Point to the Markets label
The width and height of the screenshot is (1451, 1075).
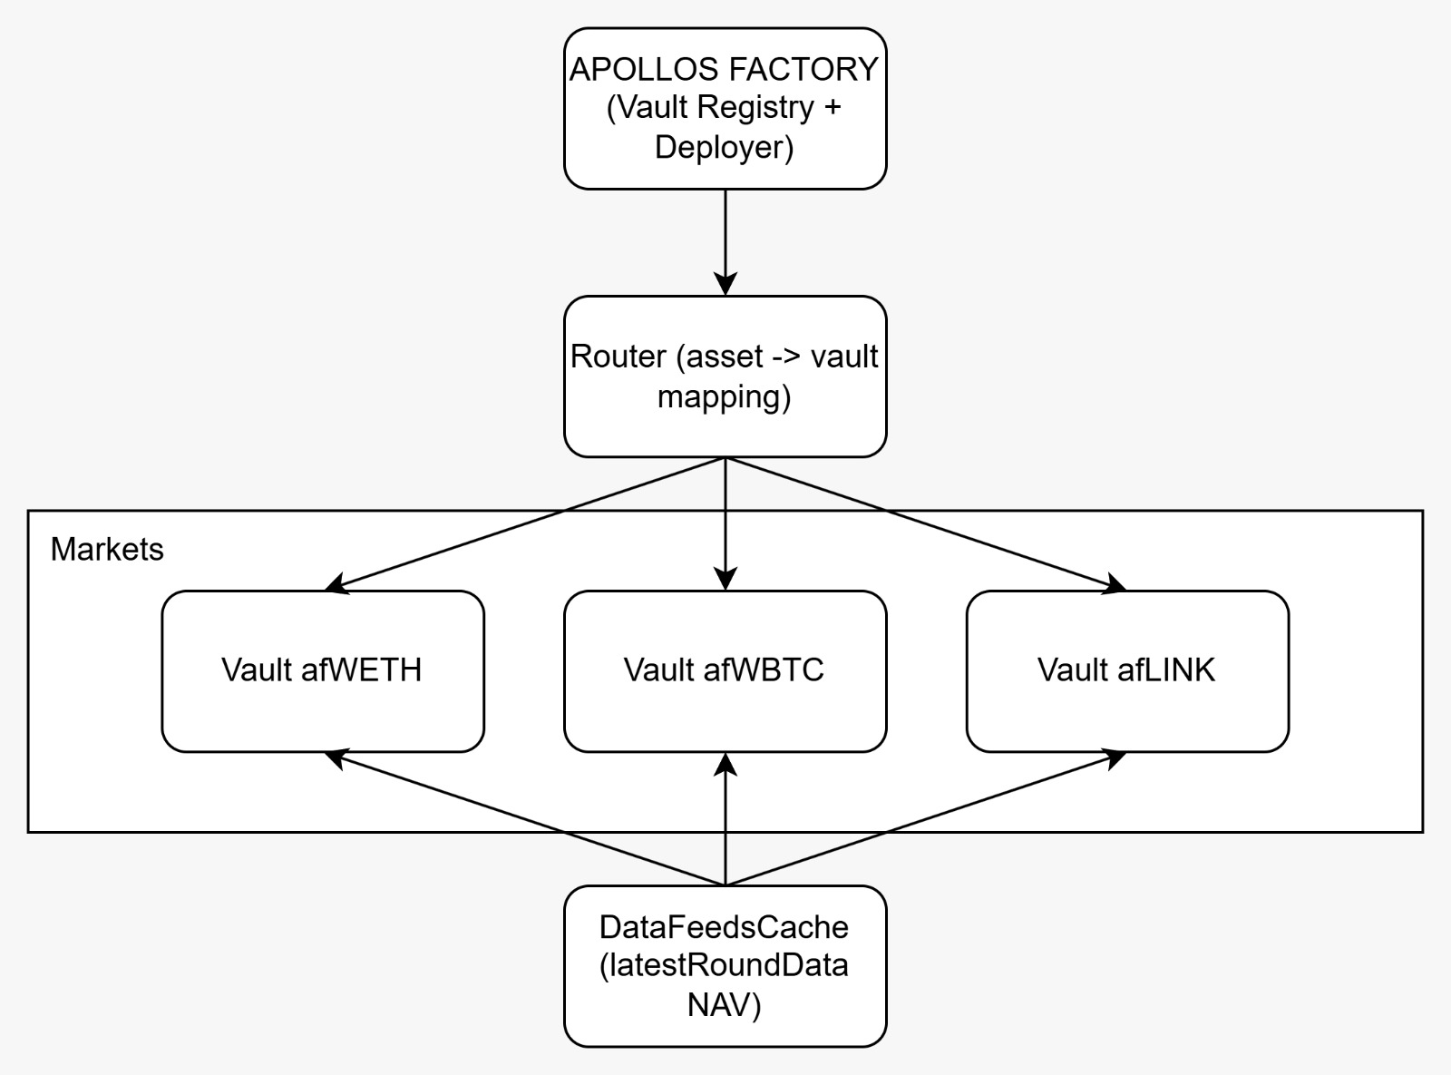tap(107, 550)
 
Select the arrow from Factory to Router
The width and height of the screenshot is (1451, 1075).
tap(725, 240)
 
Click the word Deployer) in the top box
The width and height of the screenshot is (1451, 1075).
tap(724, 147)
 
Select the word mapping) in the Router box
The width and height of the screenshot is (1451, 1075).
tap(724, 396)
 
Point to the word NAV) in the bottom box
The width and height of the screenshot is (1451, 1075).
tap(724, 1005)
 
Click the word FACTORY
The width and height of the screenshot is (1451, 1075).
tap(806, 70)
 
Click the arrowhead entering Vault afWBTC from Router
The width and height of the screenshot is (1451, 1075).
tap(725, 579)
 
